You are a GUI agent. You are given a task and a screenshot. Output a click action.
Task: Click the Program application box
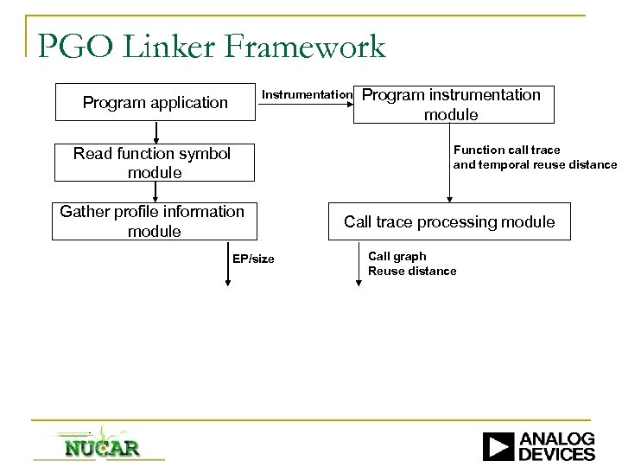click(x=155, y=102)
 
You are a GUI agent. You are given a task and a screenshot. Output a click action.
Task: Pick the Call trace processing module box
click(x=449, y=222)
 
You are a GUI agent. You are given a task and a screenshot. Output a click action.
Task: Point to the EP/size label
click(x=253, y=259)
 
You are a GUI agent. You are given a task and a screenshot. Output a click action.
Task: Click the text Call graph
click(x=397, y=256)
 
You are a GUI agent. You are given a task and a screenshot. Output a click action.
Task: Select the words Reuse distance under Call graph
click(x=412, y=272)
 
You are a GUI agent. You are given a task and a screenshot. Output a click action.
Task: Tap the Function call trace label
click(x=506, y=150)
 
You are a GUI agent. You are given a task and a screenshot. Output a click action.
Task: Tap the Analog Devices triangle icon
click(x=498, y=446)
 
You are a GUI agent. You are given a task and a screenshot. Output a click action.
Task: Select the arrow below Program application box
click(x=155, y=132)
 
